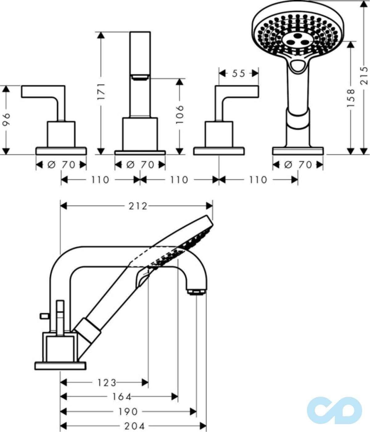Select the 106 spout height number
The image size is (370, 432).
(179, 115)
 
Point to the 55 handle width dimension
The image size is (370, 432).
(239, 73)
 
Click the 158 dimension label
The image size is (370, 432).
(351, 98)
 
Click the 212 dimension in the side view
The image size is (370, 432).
(138, 206)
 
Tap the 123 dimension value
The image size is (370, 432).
(107, 383)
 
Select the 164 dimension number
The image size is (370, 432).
(122, 397)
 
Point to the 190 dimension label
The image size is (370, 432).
(128, 412)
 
